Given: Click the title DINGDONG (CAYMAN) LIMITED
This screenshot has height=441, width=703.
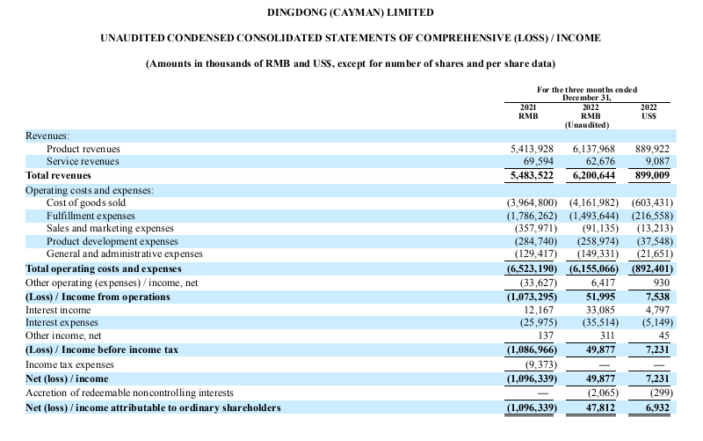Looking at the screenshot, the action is (x=350, y=12).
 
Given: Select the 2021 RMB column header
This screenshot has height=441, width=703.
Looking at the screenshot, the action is (x=528, y=112).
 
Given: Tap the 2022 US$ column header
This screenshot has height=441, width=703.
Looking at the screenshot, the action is (x=649, y=112).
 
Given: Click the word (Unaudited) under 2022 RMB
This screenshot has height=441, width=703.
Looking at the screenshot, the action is (x=587, y=125).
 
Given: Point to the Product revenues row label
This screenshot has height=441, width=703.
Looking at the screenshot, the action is (x=83, y=149).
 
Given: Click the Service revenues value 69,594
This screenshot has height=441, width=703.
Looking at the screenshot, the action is (x=539, y=161).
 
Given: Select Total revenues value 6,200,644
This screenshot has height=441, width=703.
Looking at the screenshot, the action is (x=594, y=175).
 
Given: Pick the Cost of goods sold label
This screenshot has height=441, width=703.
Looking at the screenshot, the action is (x=86, y=202).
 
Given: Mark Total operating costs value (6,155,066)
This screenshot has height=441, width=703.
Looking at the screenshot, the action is (x=594, y=268).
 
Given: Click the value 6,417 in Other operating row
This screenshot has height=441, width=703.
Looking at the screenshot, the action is (x=603, y=283).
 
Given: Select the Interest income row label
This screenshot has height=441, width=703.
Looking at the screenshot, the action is (x=58, y=310).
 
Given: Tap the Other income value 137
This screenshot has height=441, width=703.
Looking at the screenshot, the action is (x=545, y=335).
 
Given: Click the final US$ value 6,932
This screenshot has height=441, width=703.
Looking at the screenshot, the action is (x=657, y=408).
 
